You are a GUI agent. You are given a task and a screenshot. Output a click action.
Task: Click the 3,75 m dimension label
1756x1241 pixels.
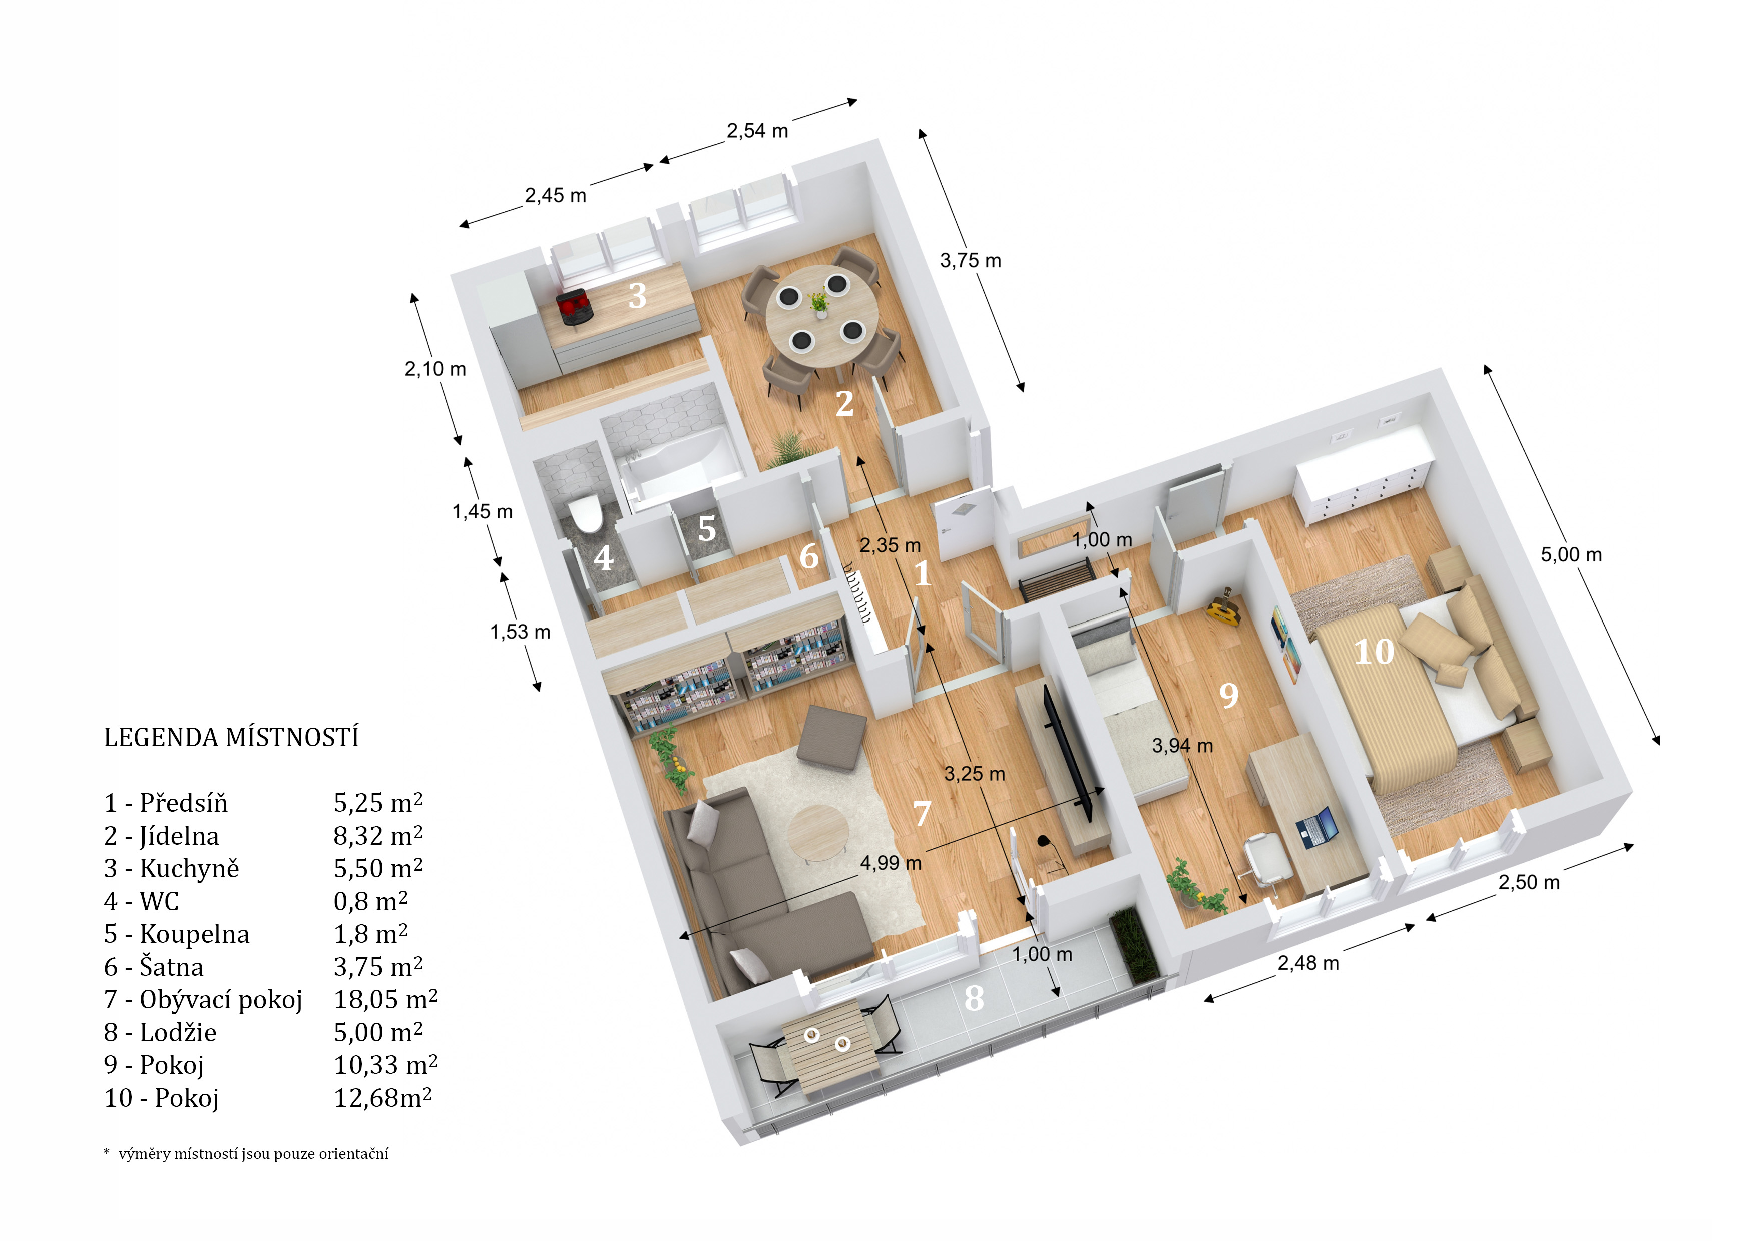point(970,261)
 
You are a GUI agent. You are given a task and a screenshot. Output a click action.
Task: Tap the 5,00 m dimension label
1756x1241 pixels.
point(1570,555)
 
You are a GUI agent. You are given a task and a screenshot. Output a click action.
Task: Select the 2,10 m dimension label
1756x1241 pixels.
point(434,369)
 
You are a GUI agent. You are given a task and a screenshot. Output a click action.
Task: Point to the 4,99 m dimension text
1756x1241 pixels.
point(890,863)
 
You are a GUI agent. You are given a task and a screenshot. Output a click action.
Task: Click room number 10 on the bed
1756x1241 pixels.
point(1374,652)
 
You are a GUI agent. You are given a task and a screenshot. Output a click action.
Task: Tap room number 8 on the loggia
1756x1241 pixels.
point(974,998)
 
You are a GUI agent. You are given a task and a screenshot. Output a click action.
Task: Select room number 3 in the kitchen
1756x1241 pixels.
point(637,296)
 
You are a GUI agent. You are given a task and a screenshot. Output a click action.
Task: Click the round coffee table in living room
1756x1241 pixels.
point(817,832)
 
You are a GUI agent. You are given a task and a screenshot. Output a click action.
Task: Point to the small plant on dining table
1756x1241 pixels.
point(819,302)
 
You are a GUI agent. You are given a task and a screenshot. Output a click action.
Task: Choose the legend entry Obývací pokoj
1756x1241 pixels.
point(203,999)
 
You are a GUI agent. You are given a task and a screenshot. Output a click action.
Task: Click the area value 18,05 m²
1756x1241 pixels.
point(385,999)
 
